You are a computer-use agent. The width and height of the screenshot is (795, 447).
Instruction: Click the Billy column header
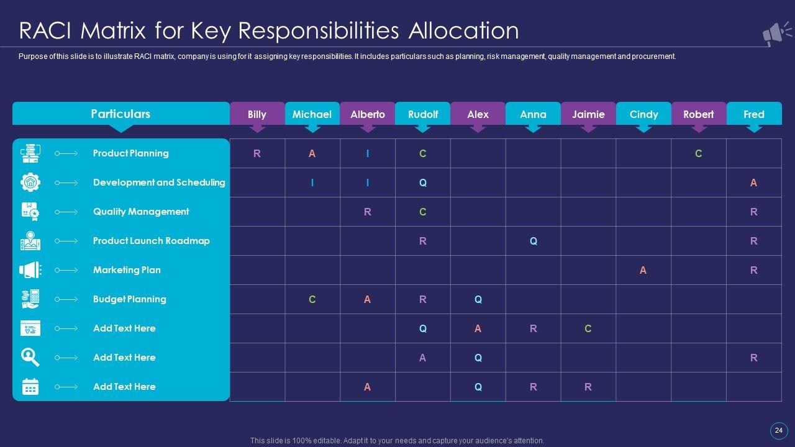pyautogui.click(x=257, y=114)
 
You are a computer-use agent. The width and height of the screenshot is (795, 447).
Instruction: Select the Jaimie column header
pyautogui.click(x=588, y=114)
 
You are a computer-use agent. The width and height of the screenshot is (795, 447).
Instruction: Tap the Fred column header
pyautogui.click(x=754, y=114)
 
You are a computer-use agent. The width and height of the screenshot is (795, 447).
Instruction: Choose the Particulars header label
pyautogui.click(x=120, y=114)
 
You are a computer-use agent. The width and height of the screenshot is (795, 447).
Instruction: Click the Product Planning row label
pyautogui.click(x=130, y=153)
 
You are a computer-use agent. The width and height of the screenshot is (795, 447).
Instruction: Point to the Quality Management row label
pyautogui.click(x=141, y=212)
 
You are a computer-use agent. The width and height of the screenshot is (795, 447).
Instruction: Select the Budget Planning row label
pyautogui.click(x=129, y=299)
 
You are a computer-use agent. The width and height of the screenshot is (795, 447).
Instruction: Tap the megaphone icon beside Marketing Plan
pyautogui.click(x=30, y=270)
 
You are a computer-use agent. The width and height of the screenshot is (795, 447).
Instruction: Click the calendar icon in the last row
pyautogui.click(x=30, y=387)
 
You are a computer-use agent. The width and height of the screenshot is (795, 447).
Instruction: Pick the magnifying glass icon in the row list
pyautogui.click(x=30, y=358)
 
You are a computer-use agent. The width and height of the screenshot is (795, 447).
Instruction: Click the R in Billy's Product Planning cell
pyautogui.click(x=257, y=154)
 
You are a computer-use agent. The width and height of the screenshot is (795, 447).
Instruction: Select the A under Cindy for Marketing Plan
pyautogui.click(x=643, y=270)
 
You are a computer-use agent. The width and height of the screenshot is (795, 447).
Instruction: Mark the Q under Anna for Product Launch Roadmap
pyautogui.click(x=533, y=241)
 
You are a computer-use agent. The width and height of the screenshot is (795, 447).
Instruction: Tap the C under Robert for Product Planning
pyautogui.click(x=698, y=154)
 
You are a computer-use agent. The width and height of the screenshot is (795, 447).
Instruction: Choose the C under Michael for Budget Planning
pyautogui.click(x=312, y=299)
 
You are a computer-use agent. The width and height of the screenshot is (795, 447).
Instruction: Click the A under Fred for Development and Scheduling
pyautogui.click(x=753, y=183)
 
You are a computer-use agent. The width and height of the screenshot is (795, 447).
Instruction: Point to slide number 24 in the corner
pyautogui.click(x=779, y=430)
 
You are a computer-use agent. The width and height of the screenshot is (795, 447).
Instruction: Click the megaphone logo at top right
pyautogui.click(x=776, y=34)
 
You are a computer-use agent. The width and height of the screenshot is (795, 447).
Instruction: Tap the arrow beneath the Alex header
pyautogui.click(x=478, y=129)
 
